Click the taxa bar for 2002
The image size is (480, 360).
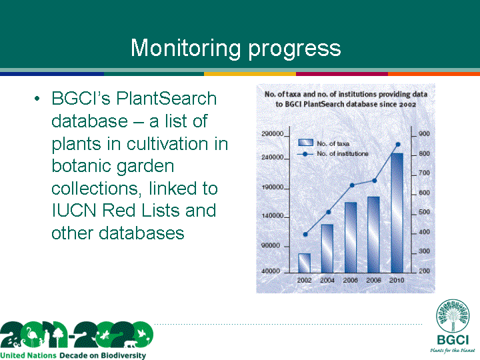[304, 263]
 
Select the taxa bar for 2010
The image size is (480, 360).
[397, 213]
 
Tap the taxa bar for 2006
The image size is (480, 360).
[351, 237]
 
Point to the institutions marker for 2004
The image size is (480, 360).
[329, 212]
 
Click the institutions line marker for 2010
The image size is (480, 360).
[398, 145]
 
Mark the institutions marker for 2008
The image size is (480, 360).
[375, 181]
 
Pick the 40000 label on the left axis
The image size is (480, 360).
[271, 271]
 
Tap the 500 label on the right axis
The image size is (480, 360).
[424, 212]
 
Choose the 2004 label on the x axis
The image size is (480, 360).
[327, 280]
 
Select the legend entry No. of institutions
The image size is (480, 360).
[333, 154]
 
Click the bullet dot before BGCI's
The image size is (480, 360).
[37, 99]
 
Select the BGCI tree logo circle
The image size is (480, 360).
[453, 316]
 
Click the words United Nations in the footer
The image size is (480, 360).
[29, 355]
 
